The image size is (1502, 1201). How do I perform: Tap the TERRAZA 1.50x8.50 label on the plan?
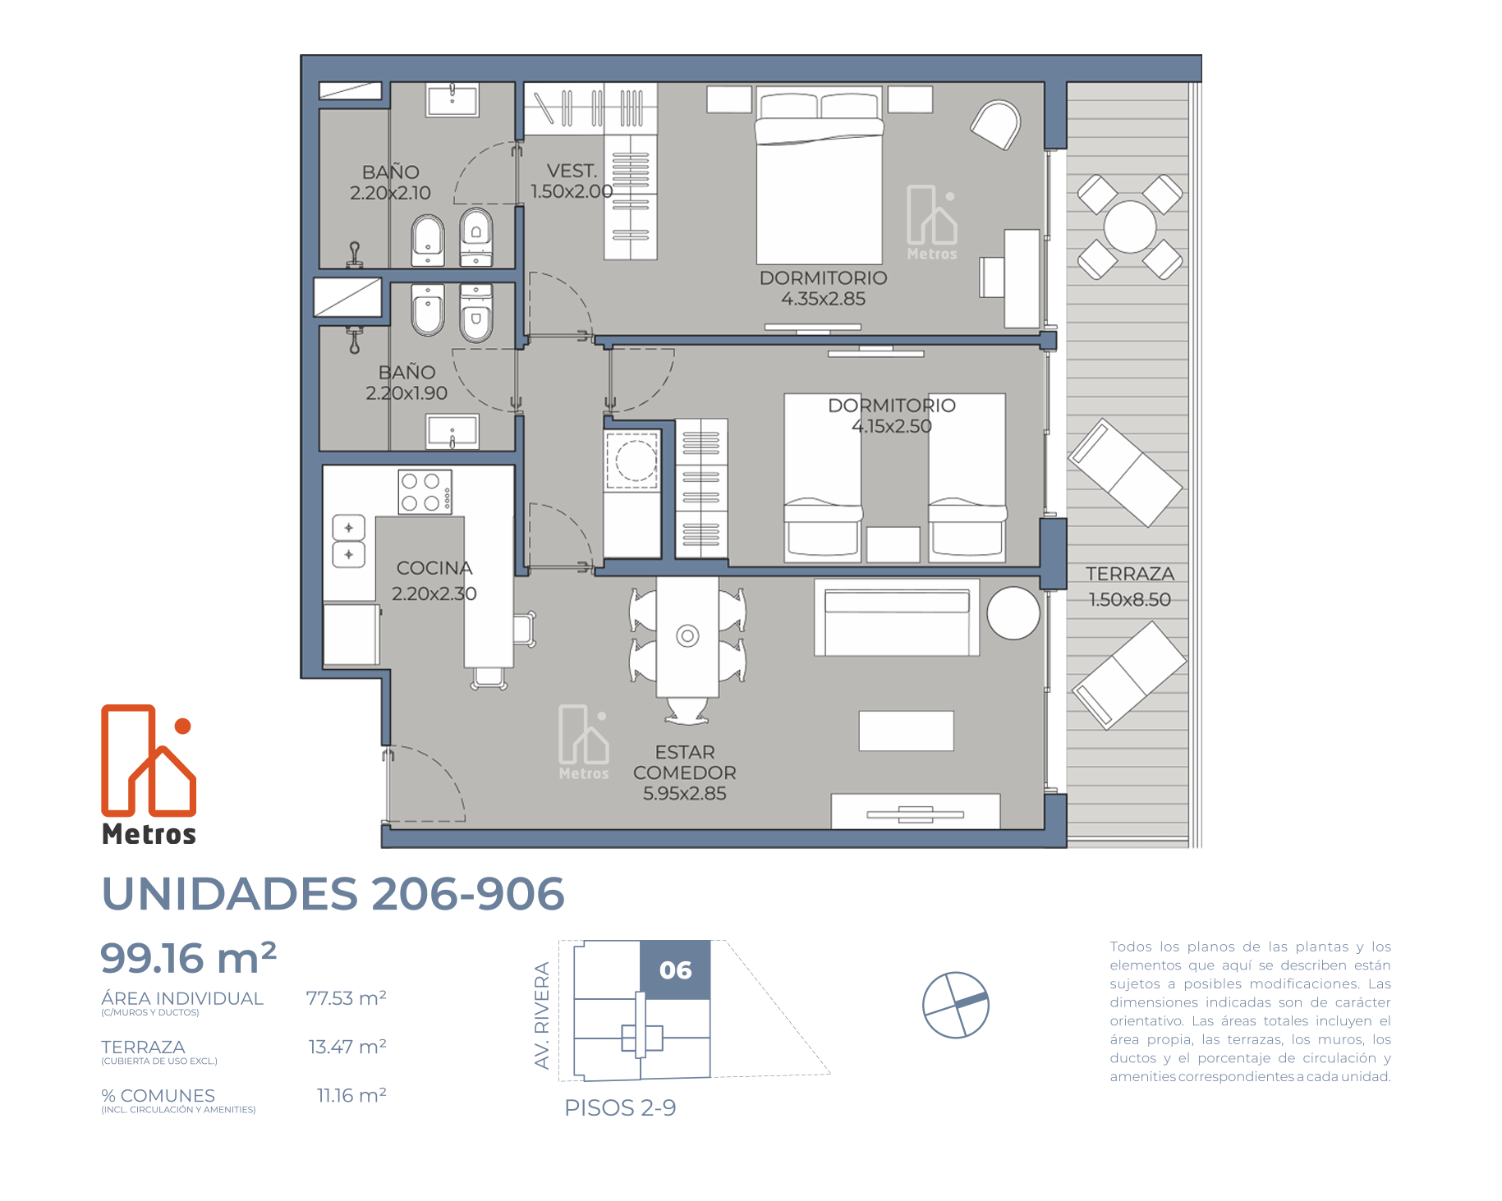(1130, 586)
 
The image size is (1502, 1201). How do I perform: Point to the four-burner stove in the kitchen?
(425, 492)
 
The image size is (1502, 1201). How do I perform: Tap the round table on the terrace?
(1130, 227)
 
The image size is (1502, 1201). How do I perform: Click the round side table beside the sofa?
(1013, 613)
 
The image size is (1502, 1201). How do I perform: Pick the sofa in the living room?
(897, 617)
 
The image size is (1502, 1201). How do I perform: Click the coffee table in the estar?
(906, 731)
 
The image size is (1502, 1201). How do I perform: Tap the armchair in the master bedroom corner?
(996, 124)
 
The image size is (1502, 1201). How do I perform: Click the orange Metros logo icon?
(149, 760)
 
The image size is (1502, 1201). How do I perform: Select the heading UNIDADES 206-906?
(333, 894)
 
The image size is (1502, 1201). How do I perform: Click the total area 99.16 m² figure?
(188, 958)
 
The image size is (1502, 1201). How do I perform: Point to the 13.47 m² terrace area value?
(347, 1047)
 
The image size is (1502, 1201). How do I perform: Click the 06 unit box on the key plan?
(675, 970)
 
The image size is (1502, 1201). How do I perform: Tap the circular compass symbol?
(956, 1005)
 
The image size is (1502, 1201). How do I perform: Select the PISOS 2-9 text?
(620, 1108)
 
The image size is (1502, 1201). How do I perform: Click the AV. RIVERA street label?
(542, 1015)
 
